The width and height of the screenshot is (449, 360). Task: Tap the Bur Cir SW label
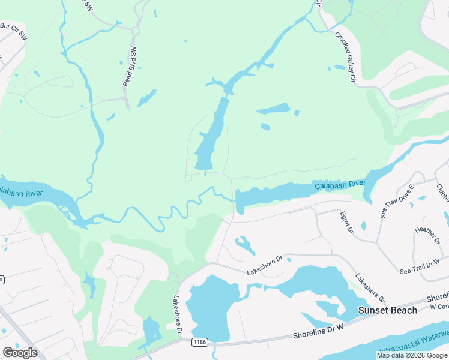click(x=14, y=31)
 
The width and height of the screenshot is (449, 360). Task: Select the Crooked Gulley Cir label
click(x=346, y=58)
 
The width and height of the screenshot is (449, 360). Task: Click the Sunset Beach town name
click(x=387, y=310)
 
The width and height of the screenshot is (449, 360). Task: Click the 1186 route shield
click(x=199, y=341)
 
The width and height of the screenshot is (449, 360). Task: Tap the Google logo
click(x=20, y=353)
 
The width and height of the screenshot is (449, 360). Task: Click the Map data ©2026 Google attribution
click(x=412, y=355)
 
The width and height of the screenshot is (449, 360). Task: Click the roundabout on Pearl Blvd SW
click(x=136, y=31)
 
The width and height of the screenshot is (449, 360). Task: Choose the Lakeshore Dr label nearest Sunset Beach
click(x=369, y=289)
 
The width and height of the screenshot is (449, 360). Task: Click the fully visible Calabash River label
click(x=340, y=184)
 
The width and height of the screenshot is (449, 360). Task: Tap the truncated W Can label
click(x=440, y=307)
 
